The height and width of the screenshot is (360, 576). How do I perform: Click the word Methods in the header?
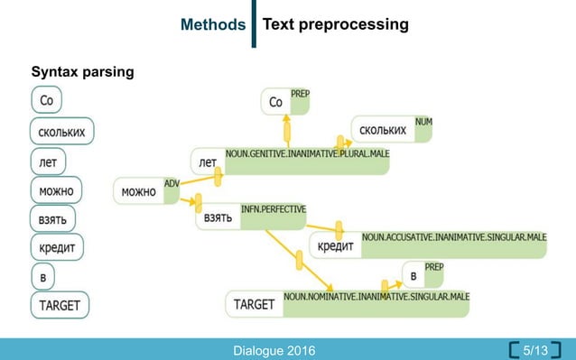(x=213, y=23)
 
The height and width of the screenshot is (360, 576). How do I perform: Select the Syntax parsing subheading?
(x=83, y=71)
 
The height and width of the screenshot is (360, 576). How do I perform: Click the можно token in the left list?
(x=56, y=190)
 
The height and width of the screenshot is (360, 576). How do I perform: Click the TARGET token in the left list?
(x=60, y=305)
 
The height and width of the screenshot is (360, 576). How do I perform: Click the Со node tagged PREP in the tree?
(x=276, y=103)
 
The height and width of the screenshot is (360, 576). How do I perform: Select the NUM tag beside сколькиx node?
(x=423, y=121)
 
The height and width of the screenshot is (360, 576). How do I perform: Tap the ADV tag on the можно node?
(x=172, y=183)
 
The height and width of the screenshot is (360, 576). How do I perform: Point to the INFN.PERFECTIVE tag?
(x=274, y=209)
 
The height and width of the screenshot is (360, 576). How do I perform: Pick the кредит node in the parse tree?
(x=335, y=245)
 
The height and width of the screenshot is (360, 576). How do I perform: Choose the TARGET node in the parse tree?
(x=254, y=304)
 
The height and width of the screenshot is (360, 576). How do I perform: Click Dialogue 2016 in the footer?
(x=274, y=350)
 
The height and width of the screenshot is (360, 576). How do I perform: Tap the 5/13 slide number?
(x=535, y=349)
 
